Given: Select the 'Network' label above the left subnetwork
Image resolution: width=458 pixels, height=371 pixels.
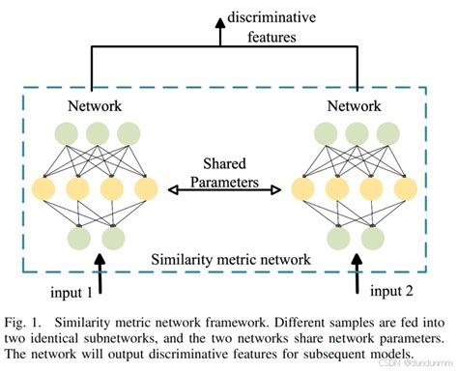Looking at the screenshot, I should point(94,104).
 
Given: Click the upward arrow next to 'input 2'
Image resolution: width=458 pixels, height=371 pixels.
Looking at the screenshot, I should point(359,273).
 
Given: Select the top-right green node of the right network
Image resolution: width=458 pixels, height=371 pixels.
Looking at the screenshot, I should point(389,132).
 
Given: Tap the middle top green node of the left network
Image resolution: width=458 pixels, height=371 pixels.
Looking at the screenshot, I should point(97,132).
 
